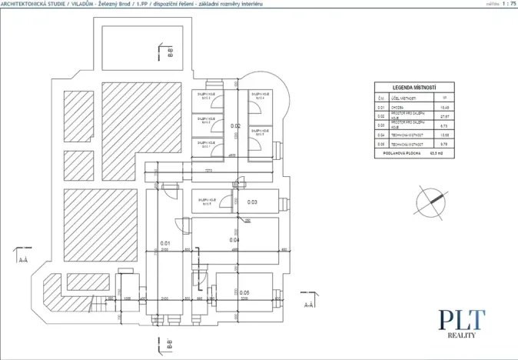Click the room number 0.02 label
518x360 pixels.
236,125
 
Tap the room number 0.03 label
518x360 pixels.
252,202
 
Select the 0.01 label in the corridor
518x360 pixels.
164,243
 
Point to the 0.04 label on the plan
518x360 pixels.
235,239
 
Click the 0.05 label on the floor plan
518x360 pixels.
244,292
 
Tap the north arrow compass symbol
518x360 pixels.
430,202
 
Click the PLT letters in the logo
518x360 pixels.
462,319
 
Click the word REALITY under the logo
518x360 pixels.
463,336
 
